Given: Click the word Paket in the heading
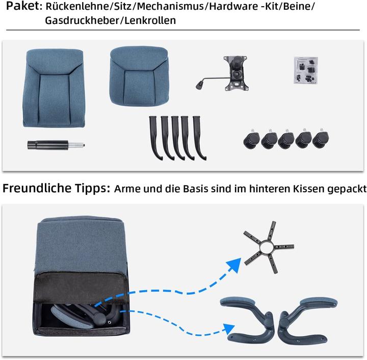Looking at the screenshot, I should pyautogui.click(x=20, y=7).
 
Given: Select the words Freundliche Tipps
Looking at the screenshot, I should pyautogui.click(x=56, y=188).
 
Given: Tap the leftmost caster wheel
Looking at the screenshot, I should pyautogui.click(x=252, y=139).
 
